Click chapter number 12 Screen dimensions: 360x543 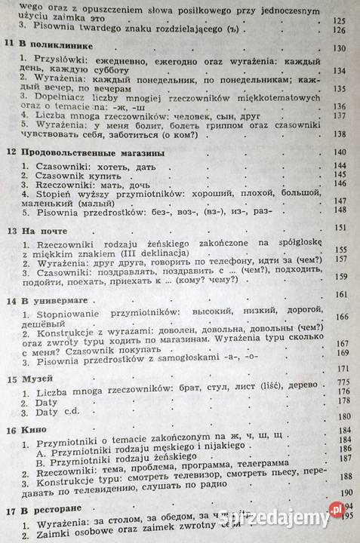point(8,152)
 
